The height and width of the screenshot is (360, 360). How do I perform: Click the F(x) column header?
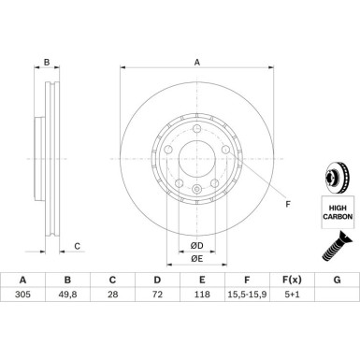pos(292,280)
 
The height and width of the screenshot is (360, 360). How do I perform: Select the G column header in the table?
pos(337,280)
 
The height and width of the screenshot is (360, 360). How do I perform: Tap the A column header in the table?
pos(22,280)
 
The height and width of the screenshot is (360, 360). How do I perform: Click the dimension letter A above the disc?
pos(197,62)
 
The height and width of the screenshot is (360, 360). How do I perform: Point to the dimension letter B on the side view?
pos(47,62)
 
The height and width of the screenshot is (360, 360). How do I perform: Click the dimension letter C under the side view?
pos(78,247)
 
